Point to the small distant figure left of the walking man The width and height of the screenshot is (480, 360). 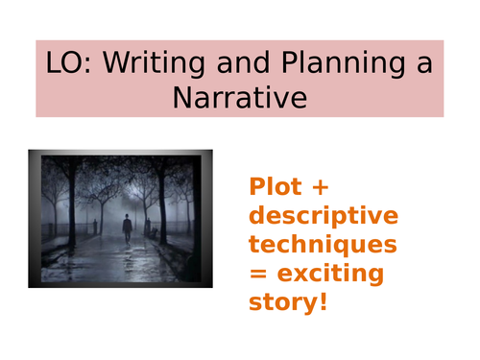pyautogui.click(x=94, y=226)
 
